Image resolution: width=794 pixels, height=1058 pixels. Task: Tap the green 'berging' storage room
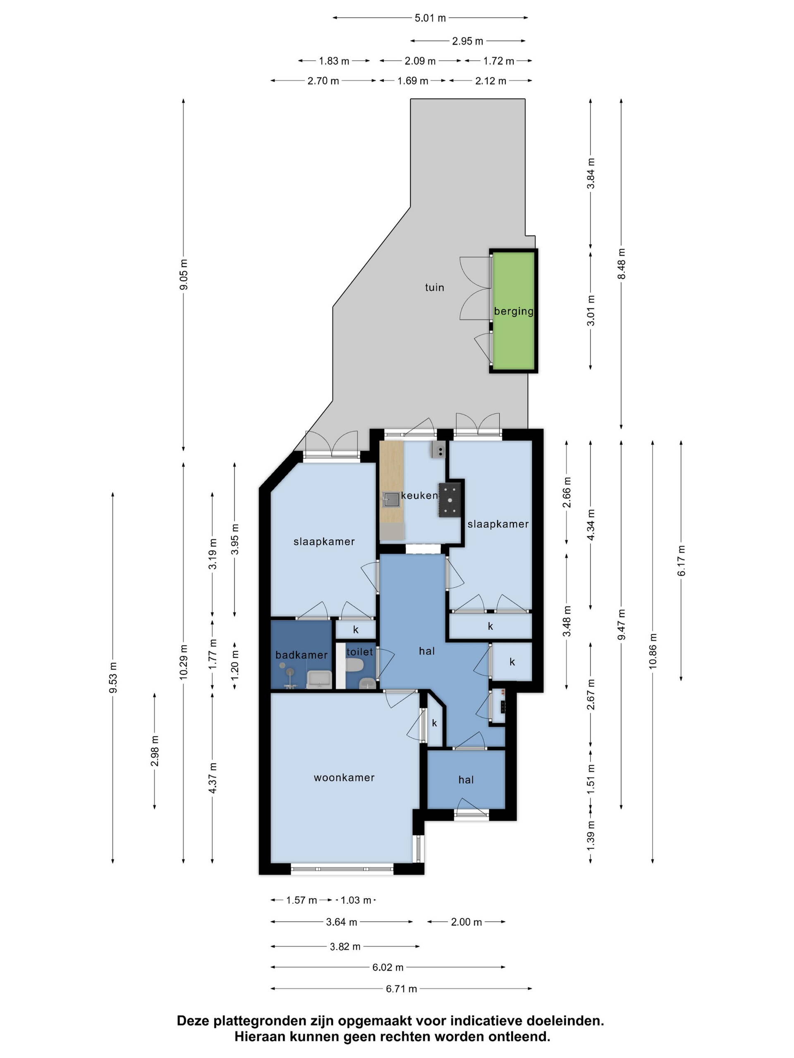coord(514,310)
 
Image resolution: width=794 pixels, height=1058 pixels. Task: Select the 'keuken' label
coord(420,495)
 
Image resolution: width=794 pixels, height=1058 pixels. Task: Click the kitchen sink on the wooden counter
coord(391,499)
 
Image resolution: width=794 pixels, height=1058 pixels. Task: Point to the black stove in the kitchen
coord(450,499)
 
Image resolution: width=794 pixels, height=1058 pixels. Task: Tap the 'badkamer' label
coord(301,655)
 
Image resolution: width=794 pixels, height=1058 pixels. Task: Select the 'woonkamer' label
coord(344,777)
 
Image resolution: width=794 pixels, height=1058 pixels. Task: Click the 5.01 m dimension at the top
coord(430,18)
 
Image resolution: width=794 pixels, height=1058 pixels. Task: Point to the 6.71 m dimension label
coord(401,988)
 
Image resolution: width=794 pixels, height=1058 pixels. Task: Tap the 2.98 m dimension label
coord(155,751)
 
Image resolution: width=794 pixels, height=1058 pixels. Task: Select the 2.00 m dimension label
coord(466,922)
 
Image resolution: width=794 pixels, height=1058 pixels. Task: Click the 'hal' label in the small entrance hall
coord(466,779)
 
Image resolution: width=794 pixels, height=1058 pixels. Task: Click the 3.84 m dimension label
coord(591,173)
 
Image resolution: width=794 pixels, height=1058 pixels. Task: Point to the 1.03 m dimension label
coord(356,900)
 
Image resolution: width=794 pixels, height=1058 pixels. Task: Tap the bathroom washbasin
coord(319,679)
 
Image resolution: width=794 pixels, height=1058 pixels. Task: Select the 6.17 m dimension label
coord(682,560)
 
